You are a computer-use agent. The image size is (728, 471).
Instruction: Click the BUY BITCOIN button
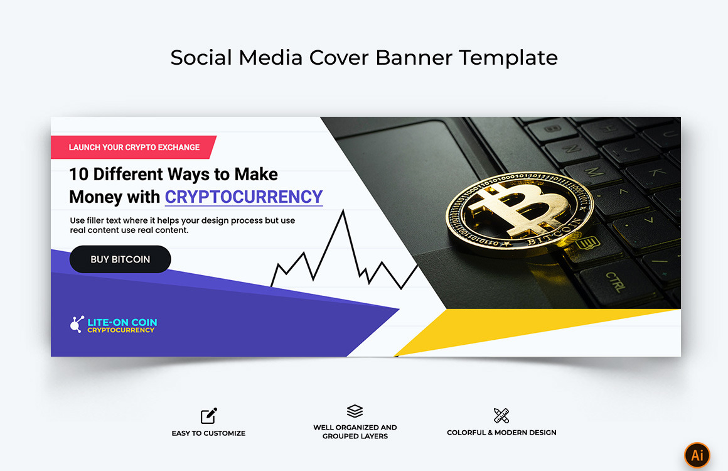(120, 259)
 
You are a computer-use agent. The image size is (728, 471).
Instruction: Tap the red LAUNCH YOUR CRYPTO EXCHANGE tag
(134, 148)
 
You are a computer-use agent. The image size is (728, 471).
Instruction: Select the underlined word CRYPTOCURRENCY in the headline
(244, 197)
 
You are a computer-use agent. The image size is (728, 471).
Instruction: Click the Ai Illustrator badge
(697, 455)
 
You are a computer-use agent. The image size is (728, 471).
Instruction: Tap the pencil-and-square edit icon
(209, 416)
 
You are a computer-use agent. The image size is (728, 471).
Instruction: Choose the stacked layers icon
(355, 411)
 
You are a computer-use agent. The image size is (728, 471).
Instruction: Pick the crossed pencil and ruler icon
(501, 415)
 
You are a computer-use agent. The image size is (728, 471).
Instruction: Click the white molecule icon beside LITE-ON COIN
(77, 324)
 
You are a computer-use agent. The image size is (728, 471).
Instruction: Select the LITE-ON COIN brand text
(122, 322)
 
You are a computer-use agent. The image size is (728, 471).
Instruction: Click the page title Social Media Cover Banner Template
(364, 58)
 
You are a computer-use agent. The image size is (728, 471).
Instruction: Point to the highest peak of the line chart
(343, 212)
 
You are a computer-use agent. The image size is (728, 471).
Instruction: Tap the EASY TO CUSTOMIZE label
(208, 433)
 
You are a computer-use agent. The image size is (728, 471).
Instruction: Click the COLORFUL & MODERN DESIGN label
(501, 433)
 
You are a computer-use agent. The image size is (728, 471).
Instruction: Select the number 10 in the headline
(78, 174)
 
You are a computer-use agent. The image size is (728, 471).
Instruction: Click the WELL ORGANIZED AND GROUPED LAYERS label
(355, 432)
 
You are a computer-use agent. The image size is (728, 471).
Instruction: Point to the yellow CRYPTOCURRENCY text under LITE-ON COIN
(120, 330)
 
